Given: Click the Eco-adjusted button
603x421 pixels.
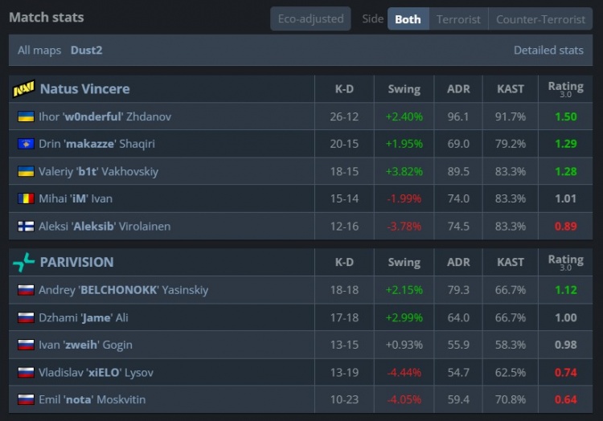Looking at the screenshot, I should coord(310,18).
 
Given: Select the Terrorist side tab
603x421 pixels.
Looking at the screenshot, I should coord(458,18).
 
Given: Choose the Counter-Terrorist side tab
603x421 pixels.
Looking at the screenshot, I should coord(540,18).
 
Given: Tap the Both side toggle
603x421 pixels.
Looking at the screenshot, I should coord(408,18).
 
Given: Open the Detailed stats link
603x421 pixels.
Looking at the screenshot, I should coord(548,50).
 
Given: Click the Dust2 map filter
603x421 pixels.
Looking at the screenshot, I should coord(86,50).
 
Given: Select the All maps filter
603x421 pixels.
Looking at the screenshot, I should coord(39,50).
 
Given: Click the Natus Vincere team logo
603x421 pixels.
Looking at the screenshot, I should coord(23,88).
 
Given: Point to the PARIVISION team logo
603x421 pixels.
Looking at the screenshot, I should coord(23,262).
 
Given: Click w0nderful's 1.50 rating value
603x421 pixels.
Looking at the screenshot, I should coord(565,116).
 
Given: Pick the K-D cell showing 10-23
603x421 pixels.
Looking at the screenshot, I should coord(344,399).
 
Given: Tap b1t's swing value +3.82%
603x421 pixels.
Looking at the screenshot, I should coord(404,171).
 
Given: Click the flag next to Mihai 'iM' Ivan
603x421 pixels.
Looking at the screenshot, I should coord(25,198).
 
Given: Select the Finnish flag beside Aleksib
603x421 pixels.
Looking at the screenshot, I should coord(25,226).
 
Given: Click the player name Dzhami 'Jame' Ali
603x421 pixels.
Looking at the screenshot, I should coord(84,317).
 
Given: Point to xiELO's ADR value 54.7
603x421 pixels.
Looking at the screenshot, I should coord(458,372).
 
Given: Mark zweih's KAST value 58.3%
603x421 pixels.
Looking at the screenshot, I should coord(511,345).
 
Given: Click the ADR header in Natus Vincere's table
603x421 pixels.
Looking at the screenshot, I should coord(458,88).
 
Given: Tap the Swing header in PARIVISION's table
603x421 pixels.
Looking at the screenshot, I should coord(404,262).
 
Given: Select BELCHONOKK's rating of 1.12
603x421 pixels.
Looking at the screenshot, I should coord(565,290).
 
